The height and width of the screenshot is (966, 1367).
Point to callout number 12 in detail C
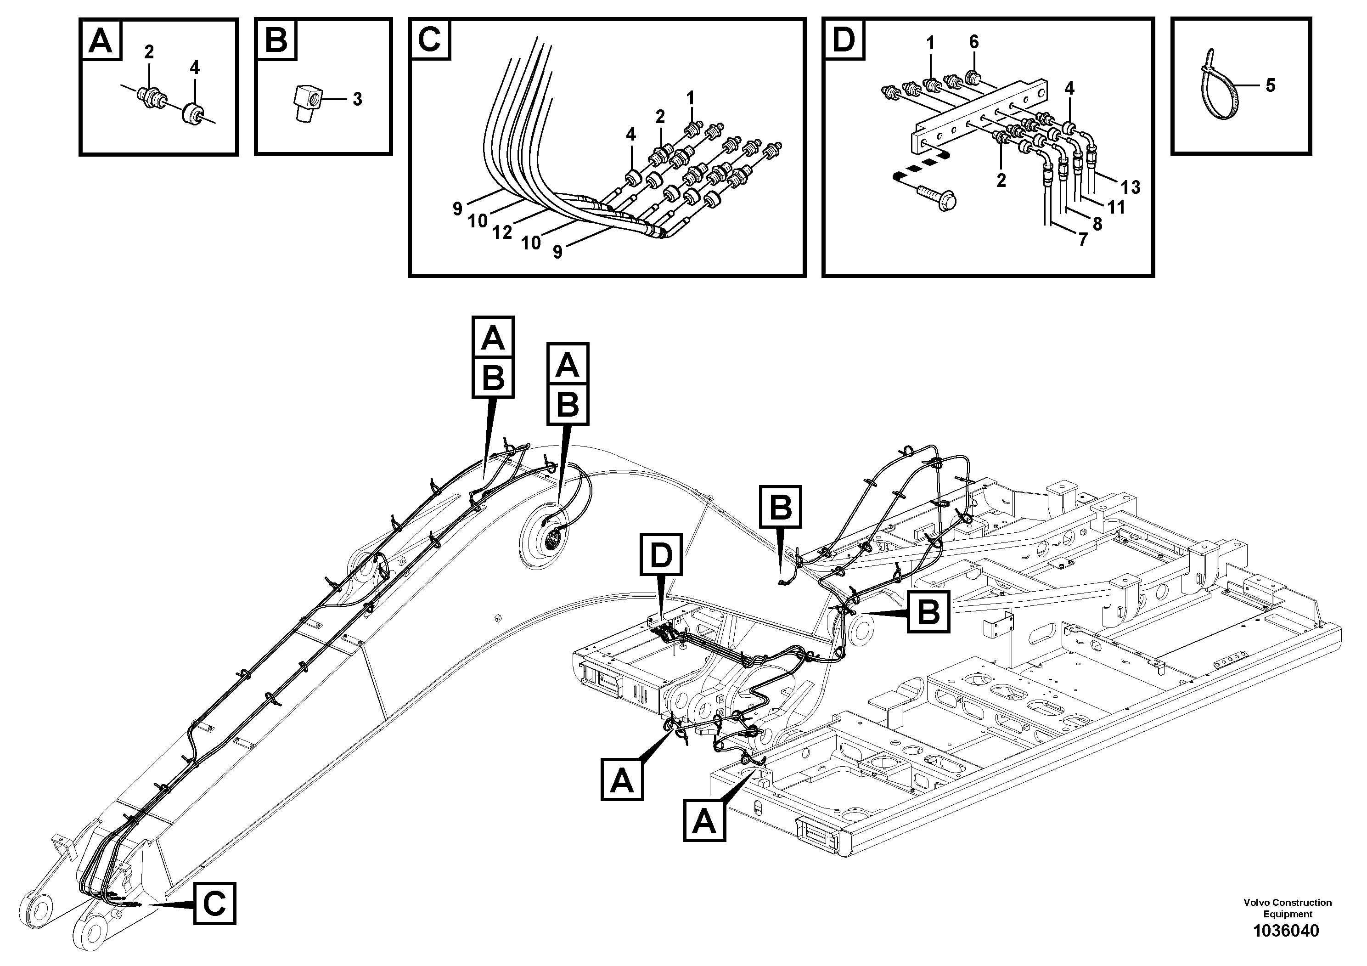click(502, 233)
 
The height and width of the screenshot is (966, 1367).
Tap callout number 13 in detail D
click(1130, 187)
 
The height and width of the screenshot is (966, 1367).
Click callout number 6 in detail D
click(973, 42)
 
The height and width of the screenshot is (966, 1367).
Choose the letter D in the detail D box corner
click(844, 40)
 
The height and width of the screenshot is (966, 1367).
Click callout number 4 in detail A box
click(195, 68)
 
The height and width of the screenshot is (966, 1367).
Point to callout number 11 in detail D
click(1116, 207)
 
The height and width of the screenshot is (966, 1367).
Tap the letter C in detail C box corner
click(430, 40)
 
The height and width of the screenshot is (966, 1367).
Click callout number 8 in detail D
click(1097, 224)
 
